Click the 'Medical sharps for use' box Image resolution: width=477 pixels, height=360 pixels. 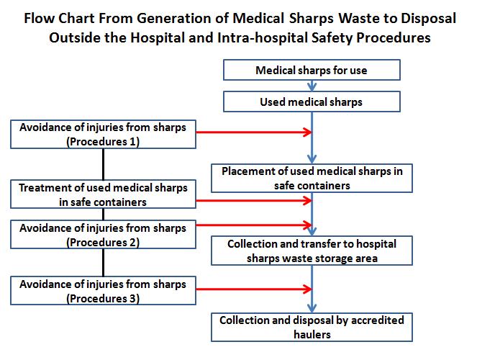coord(312,70)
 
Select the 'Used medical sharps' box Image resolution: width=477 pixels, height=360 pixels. coord(312,102)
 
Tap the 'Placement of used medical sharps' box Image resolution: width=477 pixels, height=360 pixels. coord(312,179)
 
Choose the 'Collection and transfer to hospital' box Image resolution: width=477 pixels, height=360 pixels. coord(312,251)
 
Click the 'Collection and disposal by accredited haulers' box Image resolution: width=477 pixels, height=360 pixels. coord(312,327)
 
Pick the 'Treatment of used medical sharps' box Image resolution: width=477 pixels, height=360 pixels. coord(103,194)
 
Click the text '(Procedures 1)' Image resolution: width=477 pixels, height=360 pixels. coord(103,142)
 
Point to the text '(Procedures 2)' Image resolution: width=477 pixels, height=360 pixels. coord(103,243)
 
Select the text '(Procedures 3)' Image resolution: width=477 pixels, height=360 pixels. coord(103,299)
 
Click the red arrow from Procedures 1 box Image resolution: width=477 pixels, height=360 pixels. coord(254,132)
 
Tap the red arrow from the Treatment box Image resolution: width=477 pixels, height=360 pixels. coord(254,201)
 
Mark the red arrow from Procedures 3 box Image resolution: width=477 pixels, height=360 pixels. coord(254,289)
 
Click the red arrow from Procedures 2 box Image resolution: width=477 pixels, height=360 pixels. coord(254,225)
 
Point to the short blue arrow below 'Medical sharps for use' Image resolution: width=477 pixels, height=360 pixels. coord(312,86)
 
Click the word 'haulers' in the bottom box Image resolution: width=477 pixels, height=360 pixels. coord(312,334)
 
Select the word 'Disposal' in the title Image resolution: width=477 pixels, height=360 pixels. coord(428,19)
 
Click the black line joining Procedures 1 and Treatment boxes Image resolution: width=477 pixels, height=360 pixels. coord(104,164)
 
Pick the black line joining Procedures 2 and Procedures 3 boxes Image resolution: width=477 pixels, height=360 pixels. coord(104,263)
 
